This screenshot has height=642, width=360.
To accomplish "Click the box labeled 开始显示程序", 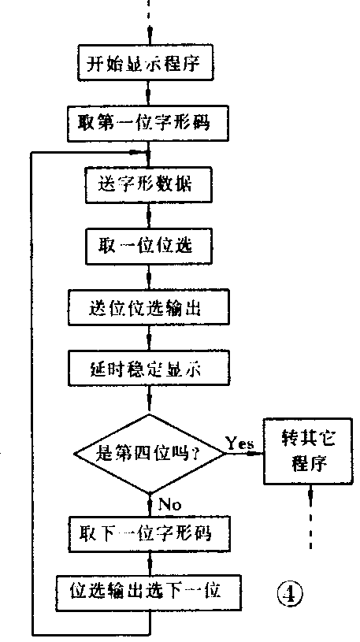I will point(148,62).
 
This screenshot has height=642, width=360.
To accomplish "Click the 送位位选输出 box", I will point(148,306).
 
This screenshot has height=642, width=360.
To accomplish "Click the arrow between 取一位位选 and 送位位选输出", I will point(148,276).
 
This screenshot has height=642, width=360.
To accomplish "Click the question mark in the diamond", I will point(194,453).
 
